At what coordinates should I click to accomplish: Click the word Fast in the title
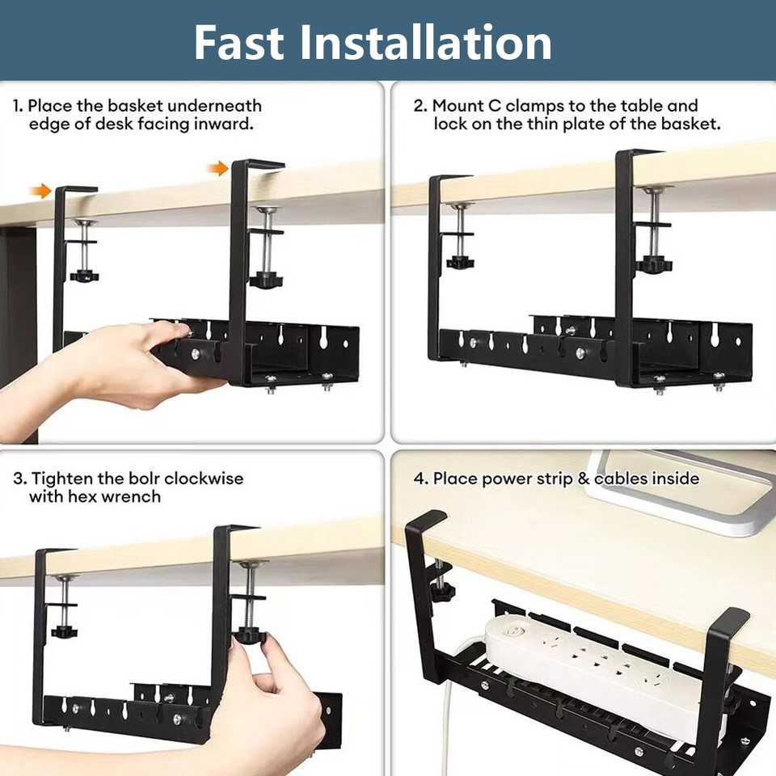coord(239,42)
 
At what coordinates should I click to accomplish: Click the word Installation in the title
coord(426,42)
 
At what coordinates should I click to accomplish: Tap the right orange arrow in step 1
coord(217,168)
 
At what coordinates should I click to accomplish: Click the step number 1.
coord(17,106)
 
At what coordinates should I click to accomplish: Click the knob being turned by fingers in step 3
coord(250,635)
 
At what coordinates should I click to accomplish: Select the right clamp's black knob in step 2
coord(653,264)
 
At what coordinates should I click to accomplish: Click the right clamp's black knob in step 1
coord(265,280)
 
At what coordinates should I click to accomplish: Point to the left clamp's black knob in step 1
coord(84,275)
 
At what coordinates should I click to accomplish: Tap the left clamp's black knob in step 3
coord(65,630)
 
